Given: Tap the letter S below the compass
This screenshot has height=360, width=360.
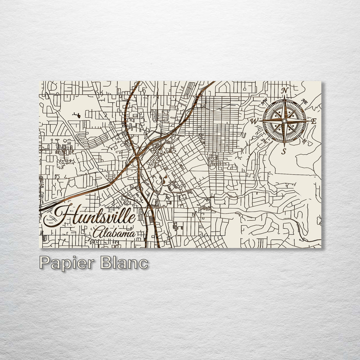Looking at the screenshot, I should pos(284,152).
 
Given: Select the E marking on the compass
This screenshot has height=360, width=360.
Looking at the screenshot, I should pos(314,121).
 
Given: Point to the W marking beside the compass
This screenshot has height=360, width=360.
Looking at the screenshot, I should pos(255,121).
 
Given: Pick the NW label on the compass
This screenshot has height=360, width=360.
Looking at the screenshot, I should pos(264,102).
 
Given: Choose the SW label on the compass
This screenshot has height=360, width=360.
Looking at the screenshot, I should pos(264,140).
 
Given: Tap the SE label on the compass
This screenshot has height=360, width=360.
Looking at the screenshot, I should pos(305,141).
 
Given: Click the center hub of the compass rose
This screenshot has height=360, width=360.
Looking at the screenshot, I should pos(284,121).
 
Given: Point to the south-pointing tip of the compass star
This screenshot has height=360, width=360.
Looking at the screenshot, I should pos(284,146).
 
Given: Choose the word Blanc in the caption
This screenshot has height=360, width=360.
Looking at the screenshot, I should pos(124,262).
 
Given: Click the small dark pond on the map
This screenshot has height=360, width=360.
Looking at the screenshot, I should pos(77,115).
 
